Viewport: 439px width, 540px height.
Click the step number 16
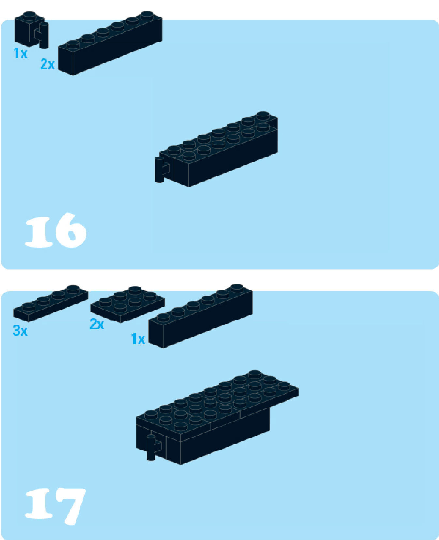(56, 230)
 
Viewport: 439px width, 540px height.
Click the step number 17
(55, 505)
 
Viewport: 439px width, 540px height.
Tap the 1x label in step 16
(21, 53)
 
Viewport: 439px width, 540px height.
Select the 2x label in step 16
(48, 64)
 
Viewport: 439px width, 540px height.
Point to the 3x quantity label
(20, 331)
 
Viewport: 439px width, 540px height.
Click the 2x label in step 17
(97, 324)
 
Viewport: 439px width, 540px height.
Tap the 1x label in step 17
(138, 339)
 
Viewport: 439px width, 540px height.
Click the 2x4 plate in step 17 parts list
(127, 304)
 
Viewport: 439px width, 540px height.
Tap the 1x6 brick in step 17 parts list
(200, 316)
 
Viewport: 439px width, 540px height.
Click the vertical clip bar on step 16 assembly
(159, 170)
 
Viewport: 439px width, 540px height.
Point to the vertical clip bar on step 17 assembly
(151, 447)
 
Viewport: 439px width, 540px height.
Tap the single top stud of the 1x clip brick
(29, 15)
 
